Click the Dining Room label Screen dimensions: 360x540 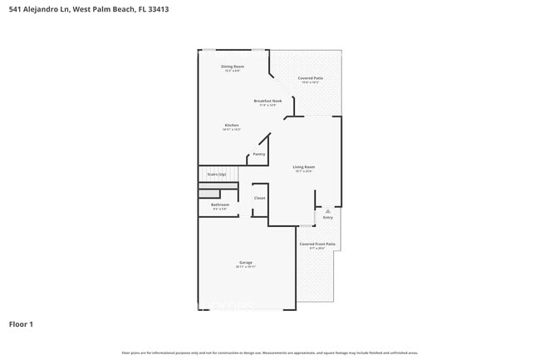pos(233,66)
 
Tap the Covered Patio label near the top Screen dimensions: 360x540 pos(312,78)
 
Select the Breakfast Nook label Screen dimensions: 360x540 pos(268,101)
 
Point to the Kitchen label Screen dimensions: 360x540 pos(232,126)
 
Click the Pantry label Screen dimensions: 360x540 pos(259,154)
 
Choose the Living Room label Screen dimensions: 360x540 pos(303,167)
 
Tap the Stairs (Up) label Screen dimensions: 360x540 pos(216,175)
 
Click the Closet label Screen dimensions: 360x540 pos(259,198)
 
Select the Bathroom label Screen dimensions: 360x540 pos(220,205)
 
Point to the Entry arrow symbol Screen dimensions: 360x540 pos(328,211)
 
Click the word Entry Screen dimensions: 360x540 pos(328,218)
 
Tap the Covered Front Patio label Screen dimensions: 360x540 pos(317,244)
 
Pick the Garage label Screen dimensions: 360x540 pos(245,263)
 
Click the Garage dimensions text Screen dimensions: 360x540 pos(245,267)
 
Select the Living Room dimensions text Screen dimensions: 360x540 pos(303,171)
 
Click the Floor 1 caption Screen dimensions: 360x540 pos(22,323)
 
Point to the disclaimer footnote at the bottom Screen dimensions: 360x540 pos(270,353)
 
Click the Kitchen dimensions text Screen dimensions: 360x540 pos(232,130)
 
